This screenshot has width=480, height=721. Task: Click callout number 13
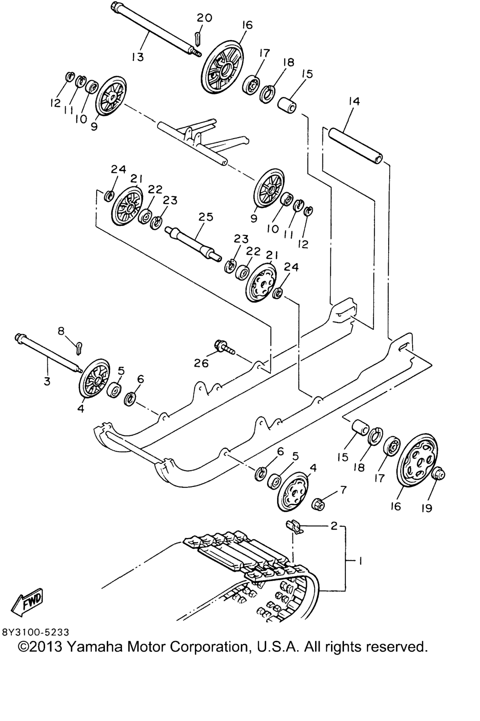(x=137, y=57)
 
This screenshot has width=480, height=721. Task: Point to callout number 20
(x=204, y=18)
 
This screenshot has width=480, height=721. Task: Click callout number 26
(x=201, y=363)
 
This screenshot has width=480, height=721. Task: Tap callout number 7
(x=343, y=490)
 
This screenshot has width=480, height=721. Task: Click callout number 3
(x=47, y=382)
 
